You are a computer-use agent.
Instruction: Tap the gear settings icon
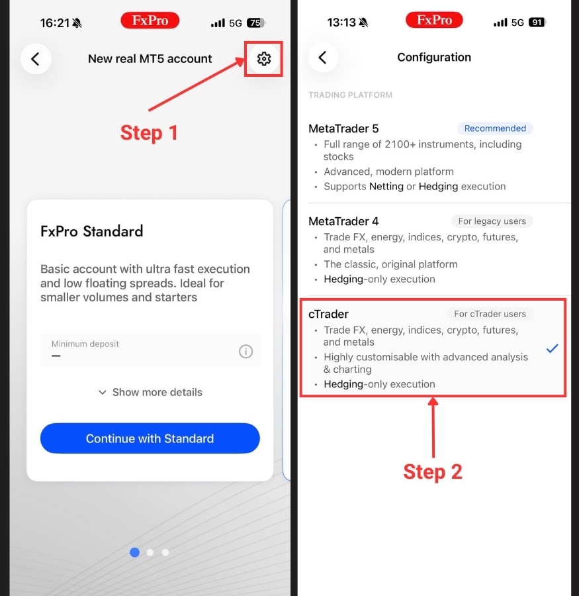[x=263, y=59]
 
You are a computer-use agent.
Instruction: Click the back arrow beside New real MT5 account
[x=36, y=59]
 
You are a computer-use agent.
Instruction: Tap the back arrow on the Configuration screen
[x=323, y=58]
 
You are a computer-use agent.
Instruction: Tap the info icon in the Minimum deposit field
[x=245, y=351]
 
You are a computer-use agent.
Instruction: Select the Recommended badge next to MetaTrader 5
[x=495, y=128]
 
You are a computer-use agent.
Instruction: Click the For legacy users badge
[x=492, y=221]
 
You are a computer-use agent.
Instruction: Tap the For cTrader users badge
[x=490, y=314]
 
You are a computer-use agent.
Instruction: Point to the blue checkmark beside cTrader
[x=552, y=348]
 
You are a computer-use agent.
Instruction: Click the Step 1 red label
[x=149, y=133]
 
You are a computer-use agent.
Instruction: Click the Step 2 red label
[x=433, y=472]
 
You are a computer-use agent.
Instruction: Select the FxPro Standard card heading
[x=91, y=231]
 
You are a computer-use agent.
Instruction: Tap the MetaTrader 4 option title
[x=343, y=221]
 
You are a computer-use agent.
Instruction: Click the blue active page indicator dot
[x=134, y=552]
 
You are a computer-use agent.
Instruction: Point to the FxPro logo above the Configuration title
[x=434, y=20]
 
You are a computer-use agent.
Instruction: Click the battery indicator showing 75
[x=256, y=23]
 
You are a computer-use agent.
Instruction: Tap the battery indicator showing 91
[x=537, y=23]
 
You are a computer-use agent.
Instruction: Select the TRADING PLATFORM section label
[x=350, y=95]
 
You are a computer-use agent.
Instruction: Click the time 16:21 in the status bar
[x=55, y=23]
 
